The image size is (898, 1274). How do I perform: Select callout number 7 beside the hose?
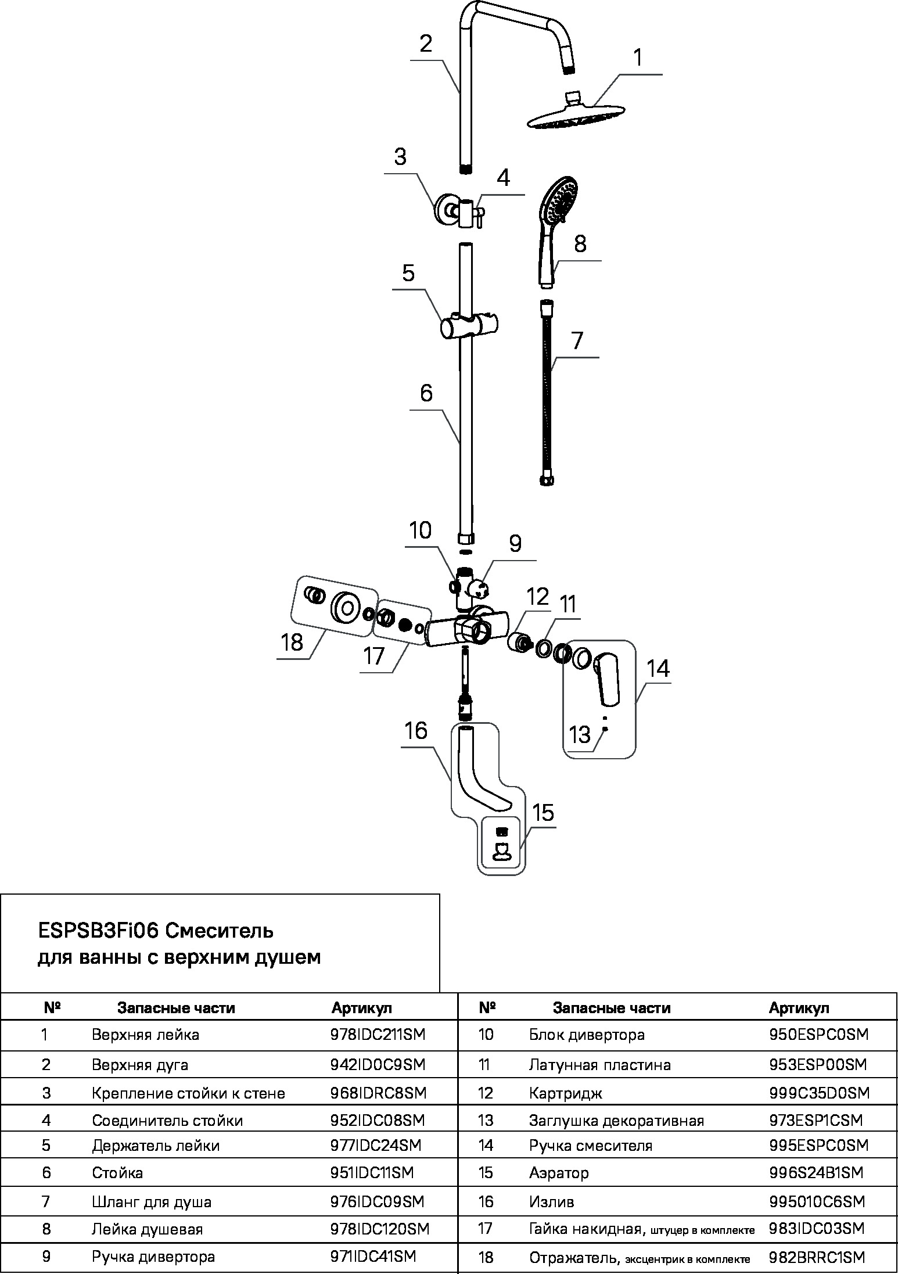pos(576,341)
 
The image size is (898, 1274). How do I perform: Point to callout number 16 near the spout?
pos(416,731)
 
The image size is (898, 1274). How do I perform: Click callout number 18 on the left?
pos(292,643)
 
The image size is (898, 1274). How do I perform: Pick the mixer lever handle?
pos(608,677)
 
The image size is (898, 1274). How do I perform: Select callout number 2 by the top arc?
pos(426,44)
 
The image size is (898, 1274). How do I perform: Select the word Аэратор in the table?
pos(558,1173)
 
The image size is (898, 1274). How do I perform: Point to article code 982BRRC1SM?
pos(817,1258)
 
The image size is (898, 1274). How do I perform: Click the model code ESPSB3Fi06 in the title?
pos(98,931)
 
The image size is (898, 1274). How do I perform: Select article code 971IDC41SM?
pos(373,1257)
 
